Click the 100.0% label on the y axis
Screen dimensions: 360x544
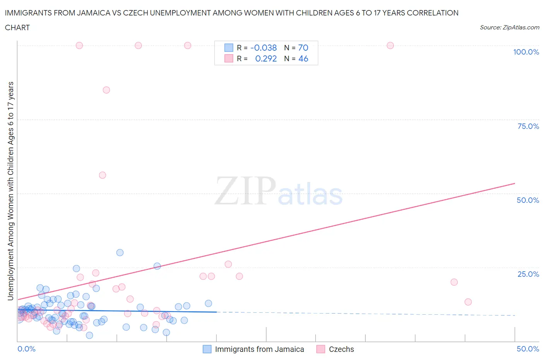526,52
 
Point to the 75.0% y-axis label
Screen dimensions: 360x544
528,126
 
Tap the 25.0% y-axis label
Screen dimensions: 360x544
528,274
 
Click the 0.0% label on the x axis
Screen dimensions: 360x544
26,349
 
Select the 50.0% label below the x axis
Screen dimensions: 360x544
528,349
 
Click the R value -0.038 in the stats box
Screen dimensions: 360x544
263,48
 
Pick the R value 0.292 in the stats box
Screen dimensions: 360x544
266,58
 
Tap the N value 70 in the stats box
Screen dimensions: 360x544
303,48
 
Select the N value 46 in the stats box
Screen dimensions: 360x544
303,58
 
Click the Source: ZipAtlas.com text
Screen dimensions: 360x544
509,27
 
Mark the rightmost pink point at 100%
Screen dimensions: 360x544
390,46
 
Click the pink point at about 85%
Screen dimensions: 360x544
106,90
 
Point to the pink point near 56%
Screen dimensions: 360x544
103,175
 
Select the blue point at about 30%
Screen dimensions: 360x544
120,252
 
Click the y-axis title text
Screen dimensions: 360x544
10,191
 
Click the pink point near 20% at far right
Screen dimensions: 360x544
454,282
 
